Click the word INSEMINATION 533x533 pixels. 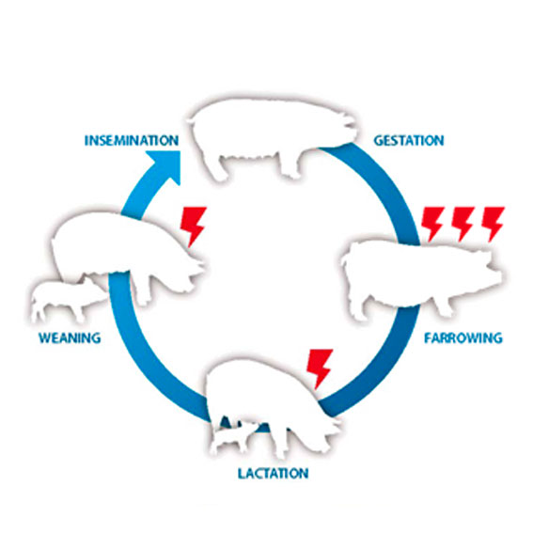point(132,140)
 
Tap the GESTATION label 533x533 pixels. point(409,140)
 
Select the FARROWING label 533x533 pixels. point(463,337)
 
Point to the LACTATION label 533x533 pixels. point(273,474)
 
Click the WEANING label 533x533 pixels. point(70,337)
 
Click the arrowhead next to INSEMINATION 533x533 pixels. point(165,166)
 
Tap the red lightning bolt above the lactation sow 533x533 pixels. point(320,368)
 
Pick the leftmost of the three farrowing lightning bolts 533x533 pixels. point(432,224)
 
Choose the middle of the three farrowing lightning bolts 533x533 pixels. point(462,224)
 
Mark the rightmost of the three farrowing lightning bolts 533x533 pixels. point(493,224)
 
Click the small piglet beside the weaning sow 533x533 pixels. point(67,299)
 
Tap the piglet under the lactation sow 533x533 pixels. point(235,437)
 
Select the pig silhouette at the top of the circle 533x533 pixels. point(272,136)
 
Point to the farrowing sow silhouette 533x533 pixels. point(421,279)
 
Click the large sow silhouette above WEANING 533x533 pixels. point(128,253)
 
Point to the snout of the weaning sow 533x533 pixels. point(199,266)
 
